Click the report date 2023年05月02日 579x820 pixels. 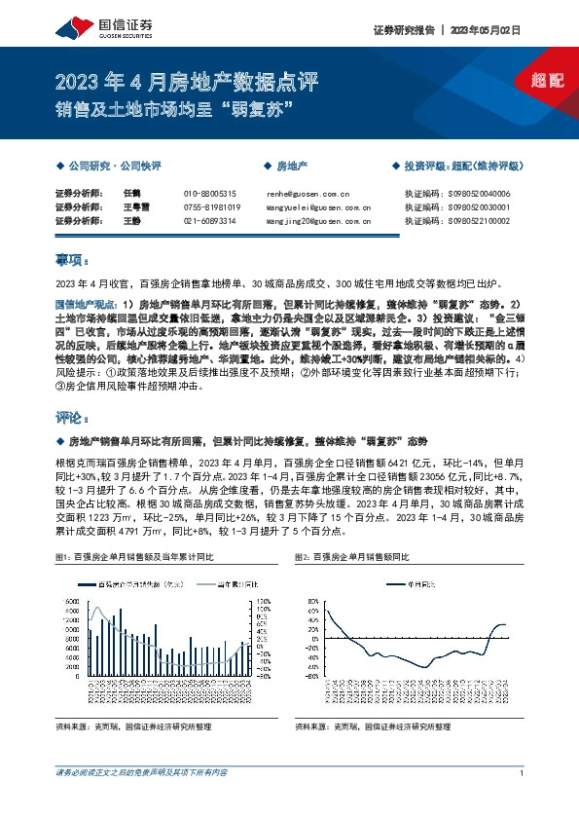485,30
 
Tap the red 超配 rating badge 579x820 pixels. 548,80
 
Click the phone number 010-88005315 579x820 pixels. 209,194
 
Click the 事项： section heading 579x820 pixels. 74,260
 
